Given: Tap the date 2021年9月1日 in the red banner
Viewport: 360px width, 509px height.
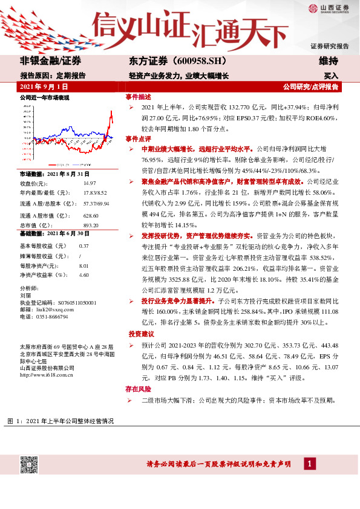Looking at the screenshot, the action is tap(43, 87).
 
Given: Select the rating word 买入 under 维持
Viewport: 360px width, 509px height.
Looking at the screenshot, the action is tap(330, 76).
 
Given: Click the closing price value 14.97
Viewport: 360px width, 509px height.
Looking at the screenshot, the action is tap(90, 183).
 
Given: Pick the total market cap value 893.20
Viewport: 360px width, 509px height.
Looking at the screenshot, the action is tap(91, 225).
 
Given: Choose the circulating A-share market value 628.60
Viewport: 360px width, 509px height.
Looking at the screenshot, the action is tap(91, 215).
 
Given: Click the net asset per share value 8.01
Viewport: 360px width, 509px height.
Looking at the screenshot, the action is tap(84, 265).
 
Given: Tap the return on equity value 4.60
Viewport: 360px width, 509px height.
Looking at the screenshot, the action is tap(84, 274).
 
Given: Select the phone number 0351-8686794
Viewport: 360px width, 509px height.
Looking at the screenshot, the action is tap(51, 316).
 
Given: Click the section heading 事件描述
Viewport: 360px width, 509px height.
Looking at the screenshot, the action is tap(138, 97).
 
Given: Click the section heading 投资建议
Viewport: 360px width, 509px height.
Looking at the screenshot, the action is tap(141, 334).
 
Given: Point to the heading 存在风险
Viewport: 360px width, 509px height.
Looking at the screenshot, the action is tap(138, 389).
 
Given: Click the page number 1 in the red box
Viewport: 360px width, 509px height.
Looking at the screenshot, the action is tap(309, 464).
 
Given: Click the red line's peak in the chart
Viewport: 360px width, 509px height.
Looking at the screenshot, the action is tap(111, 112).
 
